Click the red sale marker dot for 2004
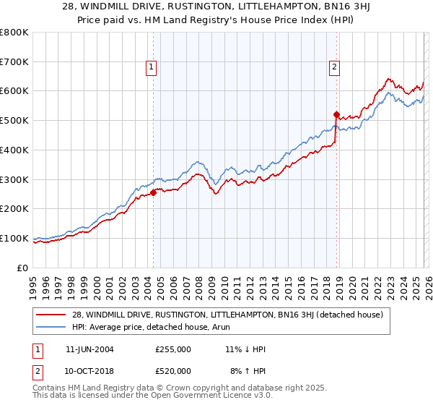click(154, 192)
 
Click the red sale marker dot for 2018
click(336, 114)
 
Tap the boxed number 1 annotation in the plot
click(152, 67)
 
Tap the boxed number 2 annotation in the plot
click(335, 67)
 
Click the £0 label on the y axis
click(22, 268)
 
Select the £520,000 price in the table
click(172, 370)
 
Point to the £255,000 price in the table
click(172, 349)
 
